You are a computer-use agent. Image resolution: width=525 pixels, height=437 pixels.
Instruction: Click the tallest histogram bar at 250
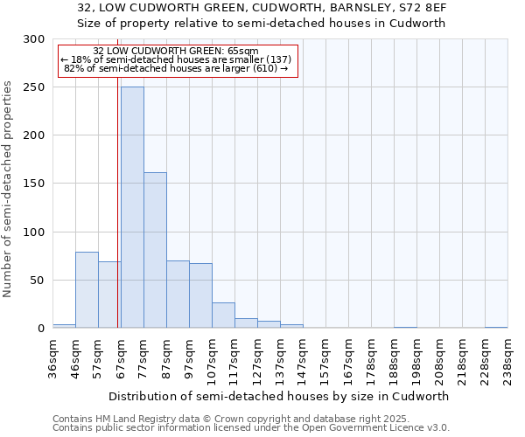[x=132, y=207]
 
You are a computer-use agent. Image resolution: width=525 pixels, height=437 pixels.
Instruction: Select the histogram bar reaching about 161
[x=155, y=250]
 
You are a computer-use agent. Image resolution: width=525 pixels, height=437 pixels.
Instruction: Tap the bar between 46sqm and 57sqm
[x=87, y=289]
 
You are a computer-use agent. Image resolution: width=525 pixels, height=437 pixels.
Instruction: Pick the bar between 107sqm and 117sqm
[x=223, y=315]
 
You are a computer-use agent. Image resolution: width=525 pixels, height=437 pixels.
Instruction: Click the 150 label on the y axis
[x=35, y=184]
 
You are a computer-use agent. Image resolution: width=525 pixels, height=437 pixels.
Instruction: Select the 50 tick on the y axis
[x=38, y=281]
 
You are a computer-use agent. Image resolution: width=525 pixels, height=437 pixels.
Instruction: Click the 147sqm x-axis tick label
[x=303, y=358]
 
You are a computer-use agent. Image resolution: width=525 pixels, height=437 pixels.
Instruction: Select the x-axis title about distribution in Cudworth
[x=279, y=396]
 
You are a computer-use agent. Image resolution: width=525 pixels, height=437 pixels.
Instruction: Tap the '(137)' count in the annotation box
[x=266, y=59]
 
